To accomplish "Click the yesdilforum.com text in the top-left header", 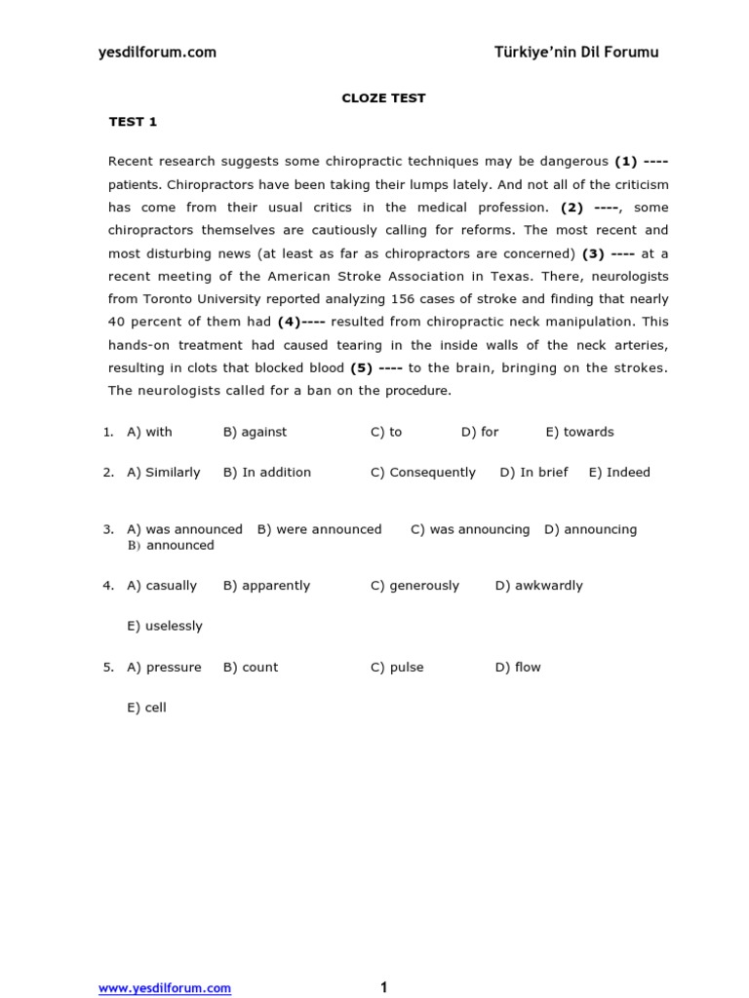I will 157,53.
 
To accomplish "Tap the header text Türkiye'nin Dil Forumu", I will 576,53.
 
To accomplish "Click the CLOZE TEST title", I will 382,98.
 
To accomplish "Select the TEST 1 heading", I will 133,122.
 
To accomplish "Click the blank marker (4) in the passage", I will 301,322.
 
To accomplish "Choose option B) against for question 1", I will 255,432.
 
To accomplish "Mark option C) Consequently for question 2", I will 422,473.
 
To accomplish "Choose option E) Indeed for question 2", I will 618,473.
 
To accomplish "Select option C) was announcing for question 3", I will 470,529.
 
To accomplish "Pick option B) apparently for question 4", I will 266,586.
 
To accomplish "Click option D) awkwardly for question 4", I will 538,586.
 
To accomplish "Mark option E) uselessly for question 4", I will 164,627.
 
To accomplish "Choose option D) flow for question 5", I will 517,668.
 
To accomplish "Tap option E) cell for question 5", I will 146,709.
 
